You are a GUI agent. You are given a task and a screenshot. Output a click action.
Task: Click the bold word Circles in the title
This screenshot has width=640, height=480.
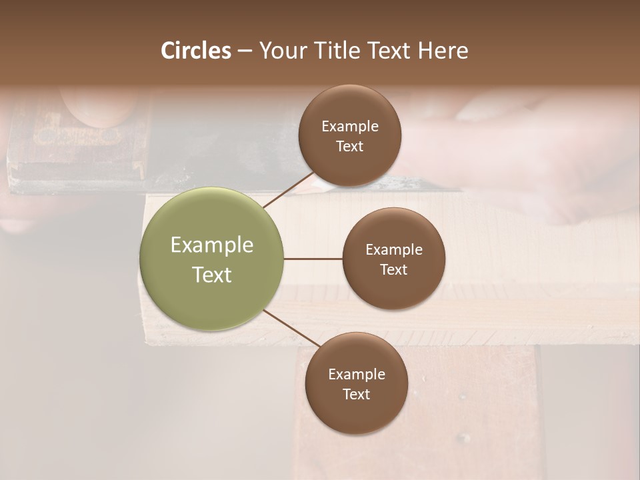[196, 51]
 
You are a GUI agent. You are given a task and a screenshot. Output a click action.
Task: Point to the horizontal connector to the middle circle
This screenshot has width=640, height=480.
[313, 259]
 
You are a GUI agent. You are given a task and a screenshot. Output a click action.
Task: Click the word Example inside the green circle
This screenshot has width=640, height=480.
[212, 245]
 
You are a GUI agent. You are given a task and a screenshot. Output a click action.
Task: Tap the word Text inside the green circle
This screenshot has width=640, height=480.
[212, 275]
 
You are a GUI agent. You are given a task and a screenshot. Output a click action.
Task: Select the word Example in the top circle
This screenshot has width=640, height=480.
[350, 127]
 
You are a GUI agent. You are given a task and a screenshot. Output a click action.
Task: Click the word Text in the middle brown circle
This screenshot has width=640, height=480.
[393, 269]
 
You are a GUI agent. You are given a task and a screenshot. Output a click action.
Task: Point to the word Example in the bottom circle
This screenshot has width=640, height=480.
[357, 375]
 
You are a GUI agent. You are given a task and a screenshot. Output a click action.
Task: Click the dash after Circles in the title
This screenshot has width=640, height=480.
[244, 51]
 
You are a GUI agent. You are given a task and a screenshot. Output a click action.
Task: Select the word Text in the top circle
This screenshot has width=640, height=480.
[350, 146]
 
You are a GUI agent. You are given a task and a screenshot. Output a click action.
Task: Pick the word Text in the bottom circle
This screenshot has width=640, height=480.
[356, 394]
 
